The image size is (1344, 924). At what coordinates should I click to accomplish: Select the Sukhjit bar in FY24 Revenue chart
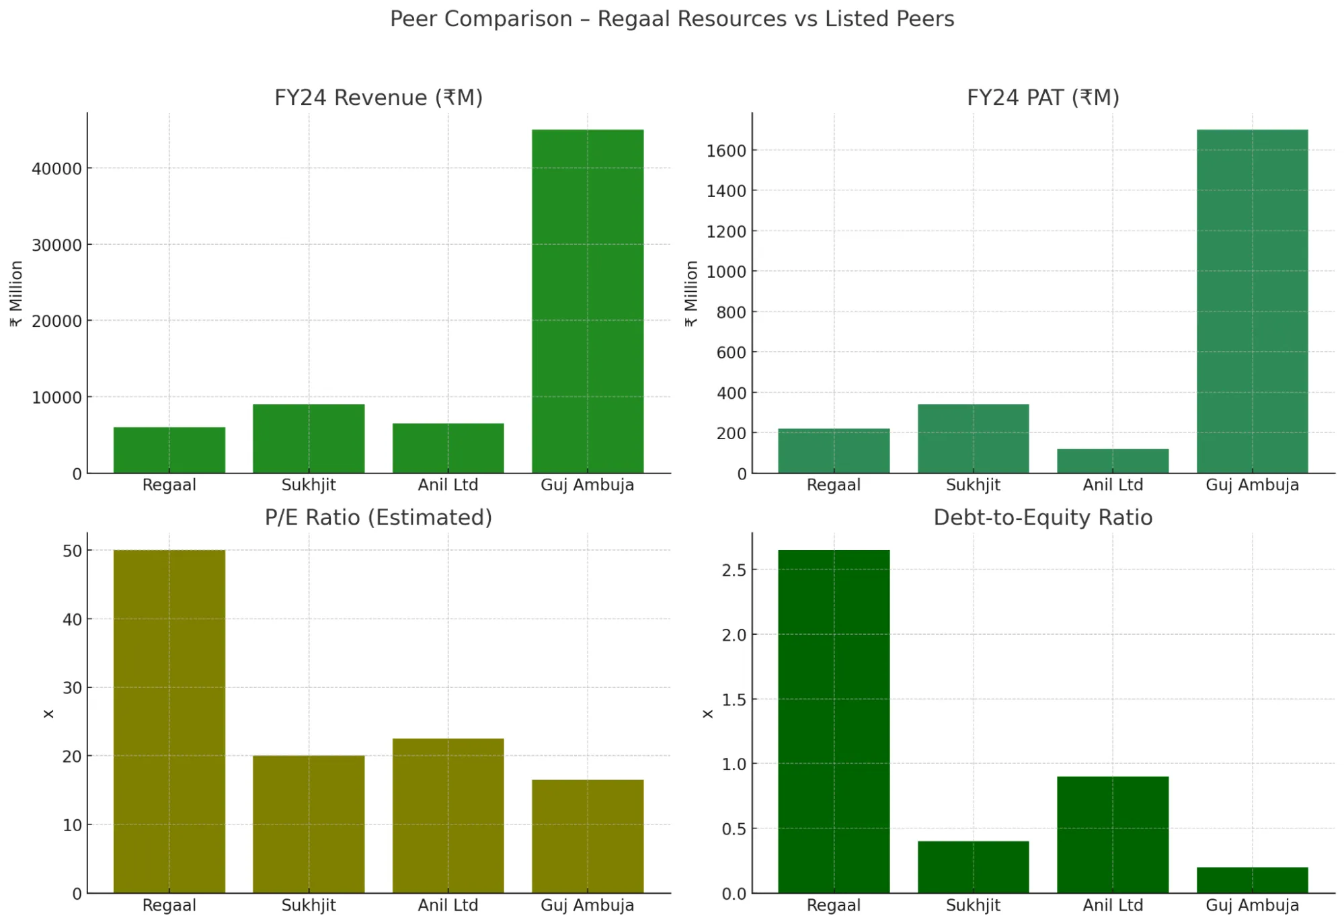(309, 438)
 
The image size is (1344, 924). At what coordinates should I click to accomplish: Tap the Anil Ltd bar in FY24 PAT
(1112, 461)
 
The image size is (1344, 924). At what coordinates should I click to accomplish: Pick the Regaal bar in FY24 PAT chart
(833, 451)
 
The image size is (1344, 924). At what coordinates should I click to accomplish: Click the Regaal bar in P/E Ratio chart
(169, 721)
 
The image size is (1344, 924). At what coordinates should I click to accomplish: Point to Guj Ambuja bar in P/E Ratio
(587, 836)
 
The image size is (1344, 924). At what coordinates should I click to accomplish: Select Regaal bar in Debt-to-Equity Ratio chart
(833, 721)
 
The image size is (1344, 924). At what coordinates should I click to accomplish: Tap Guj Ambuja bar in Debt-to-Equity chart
(1251, 880)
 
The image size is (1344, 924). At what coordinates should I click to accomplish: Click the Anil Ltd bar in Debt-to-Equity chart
(1112, 834)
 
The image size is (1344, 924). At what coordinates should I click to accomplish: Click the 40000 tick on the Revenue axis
(56, 169)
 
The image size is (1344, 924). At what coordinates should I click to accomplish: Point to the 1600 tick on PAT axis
(726, 151)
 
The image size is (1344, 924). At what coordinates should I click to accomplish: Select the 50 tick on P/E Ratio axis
(72, 551)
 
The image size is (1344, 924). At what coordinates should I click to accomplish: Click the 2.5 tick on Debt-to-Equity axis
(734, 570)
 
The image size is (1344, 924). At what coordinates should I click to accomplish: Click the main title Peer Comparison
(672, 19)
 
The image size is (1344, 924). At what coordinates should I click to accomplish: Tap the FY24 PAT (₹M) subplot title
(1043, 98)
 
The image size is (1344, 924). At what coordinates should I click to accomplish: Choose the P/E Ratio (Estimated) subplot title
(379, 517)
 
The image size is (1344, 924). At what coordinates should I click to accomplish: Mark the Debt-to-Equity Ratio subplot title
(1043, 517)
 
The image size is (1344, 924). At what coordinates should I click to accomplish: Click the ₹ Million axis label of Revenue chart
(16, 294)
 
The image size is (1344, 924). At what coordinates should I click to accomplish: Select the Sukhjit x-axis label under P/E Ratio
(309, 905)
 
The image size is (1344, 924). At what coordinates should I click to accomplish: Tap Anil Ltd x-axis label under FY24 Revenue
(448, 485)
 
